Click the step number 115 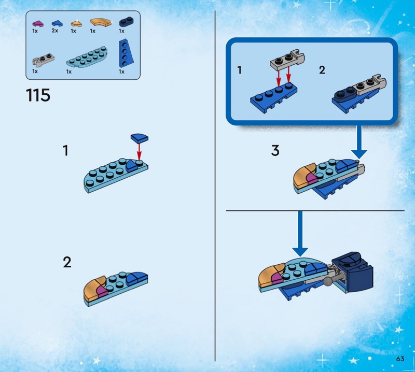pyautogui.click(x=38, y=95)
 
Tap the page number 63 pyautogui.click(x=400, y=359)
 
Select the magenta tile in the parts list pyautogui.click(x=38, y=23)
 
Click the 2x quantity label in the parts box pyautogui.click(x=55, y=31)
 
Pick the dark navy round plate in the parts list pyautogui.click(x=126, y=22)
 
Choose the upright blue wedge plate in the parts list pyautogui.click(x=126, y=53)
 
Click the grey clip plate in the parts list pyautogui.click(x=44, y=60)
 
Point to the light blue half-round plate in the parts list pyautogui.click(x=87, y=57)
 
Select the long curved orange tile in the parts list pyautogui.click(x=101, y=22)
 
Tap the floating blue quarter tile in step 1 pyautogui.click(x=140, y=137)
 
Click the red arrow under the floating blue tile pyautogui.click(x=139, y=151)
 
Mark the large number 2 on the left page pyautogui.click(x=67, y=262)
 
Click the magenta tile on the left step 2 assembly pyautogui.click(x=102, y=291)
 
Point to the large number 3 pyautogui.click(x=275, y=150)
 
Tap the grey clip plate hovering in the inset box pyautogui.click(x=287, y=60)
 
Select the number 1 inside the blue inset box pyautogui.click(x=240, y=70)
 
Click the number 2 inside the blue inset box pyautogui.click(x=322, y=70)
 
